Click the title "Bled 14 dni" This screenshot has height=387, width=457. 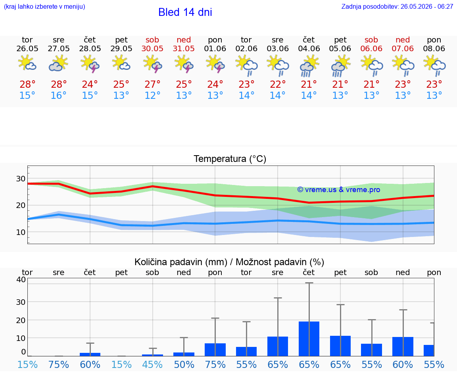(x=185, y=12)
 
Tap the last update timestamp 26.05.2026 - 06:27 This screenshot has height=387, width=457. (x=427, y=6)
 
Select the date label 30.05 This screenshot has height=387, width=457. (x=152, y=48)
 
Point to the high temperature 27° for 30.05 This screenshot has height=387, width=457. (x=152, y=85)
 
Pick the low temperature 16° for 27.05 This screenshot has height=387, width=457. (x=59, y=95)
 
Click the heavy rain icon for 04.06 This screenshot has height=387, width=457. (x=309, y=65)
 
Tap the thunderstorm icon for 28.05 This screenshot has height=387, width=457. (x=90, y=64)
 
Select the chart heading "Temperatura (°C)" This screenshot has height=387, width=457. (x=230, y=159)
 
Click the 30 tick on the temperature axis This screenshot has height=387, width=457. (x=21, y=179)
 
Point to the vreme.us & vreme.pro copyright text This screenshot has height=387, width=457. (x=339, y=190)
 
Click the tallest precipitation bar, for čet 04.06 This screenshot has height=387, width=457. (x=309, y=339)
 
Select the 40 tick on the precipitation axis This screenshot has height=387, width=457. (x=21, y=279)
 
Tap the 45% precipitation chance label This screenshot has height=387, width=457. (x=152, y=364)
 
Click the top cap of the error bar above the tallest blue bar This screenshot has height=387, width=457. (x=309, y=283)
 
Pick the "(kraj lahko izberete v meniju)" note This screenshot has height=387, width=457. (x=44, y=6)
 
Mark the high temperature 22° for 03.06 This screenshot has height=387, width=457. (x=277, y=85)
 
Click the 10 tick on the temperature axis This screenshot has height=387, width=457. (x=21, y=232)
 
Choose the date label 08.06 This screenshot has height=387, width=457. (x=434, y=48)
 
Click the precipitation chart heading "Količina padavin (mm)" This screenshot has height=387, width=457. (x=181, y=262)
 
